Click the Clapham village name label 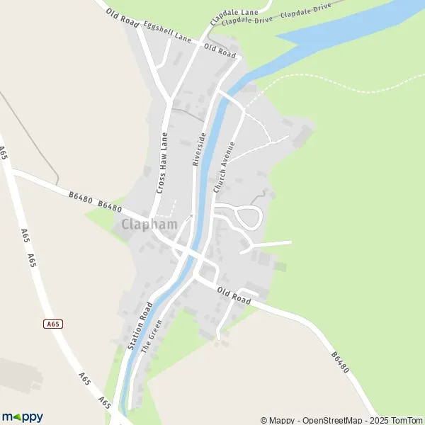(x=149, y=225)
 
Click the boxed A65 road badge (x=52, y=324)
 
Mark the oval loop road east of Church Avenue (x=249, y=217)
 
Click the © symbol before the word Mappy (x=264, y=420)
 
